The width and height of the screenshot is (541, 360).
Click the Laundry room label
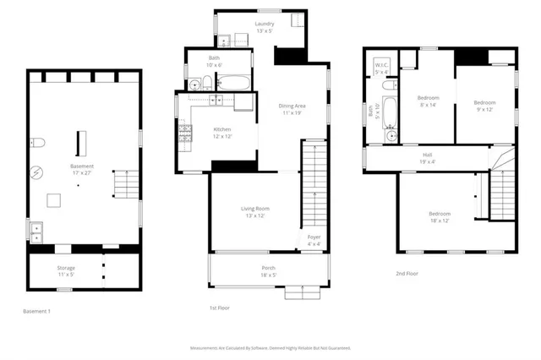pos(265,24)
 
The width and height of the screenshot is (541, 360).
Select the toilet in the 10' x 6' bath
pos(194,83)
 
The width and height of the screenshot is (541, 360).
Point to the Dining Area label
pos(292,106)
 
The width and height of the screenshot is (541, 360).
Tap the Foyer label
pos(314,237)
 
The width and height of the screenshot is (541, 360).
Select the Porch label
pos(268,269)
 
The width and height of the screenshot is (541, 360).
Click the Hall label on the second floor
pos(428,155)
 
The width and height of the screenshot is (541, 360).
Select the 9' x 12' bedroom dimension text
pos(484,109)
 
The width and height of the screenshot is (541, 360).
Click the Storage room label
pos(66,268)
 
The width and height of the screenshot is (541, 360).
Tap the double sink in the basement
pos(36,231)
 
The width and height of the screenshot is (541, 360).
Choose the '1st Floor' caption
pos(221,308)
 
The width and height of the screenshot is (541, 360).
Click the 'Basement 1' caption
pos(36,312)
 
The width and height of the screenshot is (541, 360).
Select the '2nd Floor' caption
pos(407,274)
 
